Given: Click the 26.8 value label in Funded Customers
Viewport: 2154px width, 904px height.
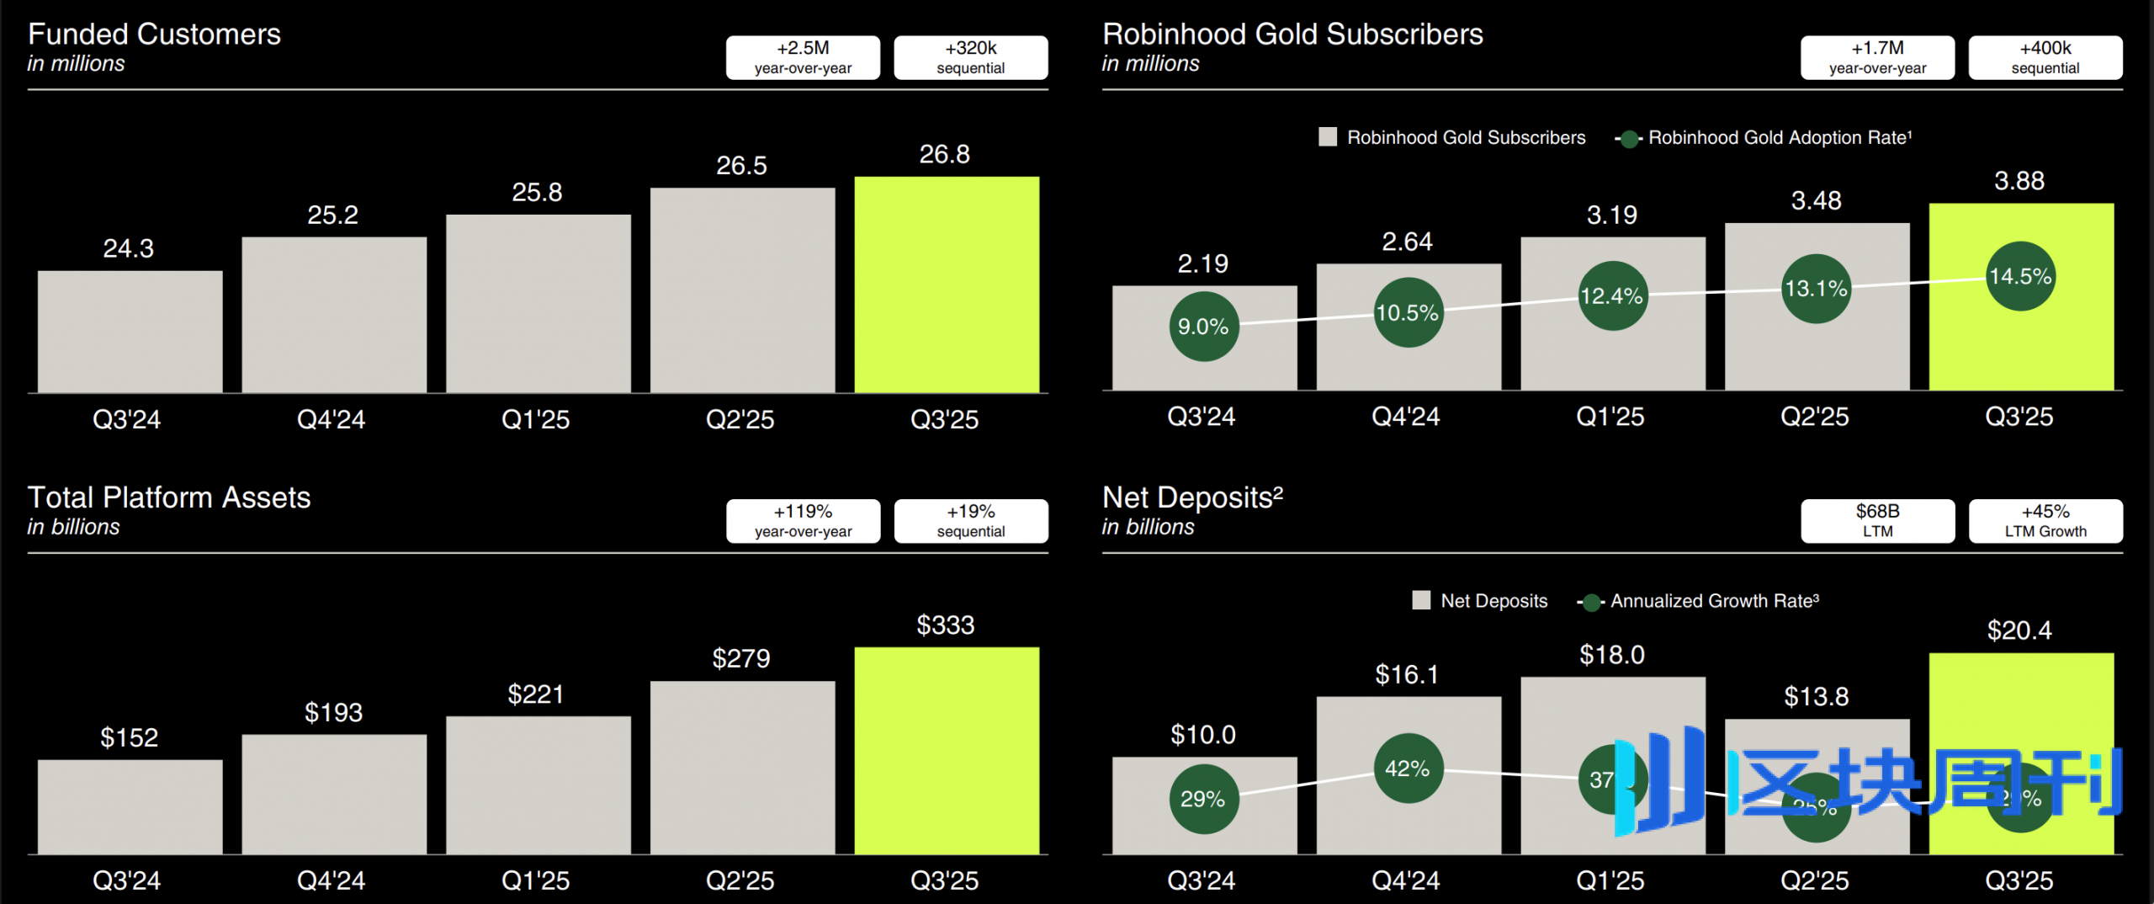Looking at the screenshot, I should (x=944, y=154).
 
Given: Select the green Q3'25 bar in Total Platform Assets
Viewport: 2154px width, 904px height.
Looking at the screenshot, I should (x=947, y=749).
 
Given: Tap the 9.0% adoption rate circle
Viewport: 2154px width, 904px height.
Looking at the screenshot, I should (x=1203, y=327).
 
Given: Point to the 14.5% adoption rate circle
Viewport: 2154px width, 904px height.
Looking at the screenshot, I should (x=2020, y=276).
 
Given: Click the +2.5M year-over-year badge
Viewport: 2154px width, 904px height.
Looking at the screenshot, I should (x=803, y=57).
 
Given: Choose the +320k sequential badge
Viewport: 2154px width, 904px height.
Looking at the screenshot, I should (x=970, y=57).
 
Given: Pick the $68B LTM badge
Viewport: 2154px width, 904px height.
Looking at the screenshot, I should (x=1877, y=521).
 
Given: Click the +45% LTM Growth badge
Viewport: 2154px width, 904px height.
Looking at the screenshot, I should (x=2045, y=521).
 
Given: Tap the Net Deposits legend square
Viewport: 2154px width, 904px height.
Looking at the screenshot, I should (x=1421, y=600).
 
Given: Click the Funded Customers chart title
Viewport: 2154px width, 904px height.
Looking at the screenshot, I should (x=154, y=35).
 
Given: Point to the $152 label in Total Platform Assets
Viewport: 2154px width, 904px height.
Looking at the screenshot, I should (x=129, y=737).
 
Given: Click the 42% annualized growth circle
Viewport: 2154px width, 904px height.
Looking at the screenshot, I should (x=1408, y=768).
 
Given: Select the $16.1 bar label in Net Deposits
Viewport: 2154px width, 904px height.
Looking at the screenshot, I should (x=1407, y=674).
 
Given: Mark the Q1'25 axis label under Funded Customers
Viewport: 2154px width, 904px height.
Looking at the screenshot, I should (x=535, y=419).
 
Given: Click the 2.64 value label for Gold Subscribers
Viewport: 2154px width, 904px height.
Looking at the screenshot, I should (x=1407, y=242).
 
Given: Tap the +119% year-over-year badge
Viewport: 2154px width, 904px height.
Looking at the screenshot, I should (x=803, y=521).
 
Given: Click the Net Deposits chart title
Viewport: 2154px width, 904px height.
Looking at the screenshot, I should (x=1192, y=497).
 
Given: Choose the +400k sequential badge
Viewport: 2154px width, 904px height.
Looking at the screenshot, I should (x=2045, y=57).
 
